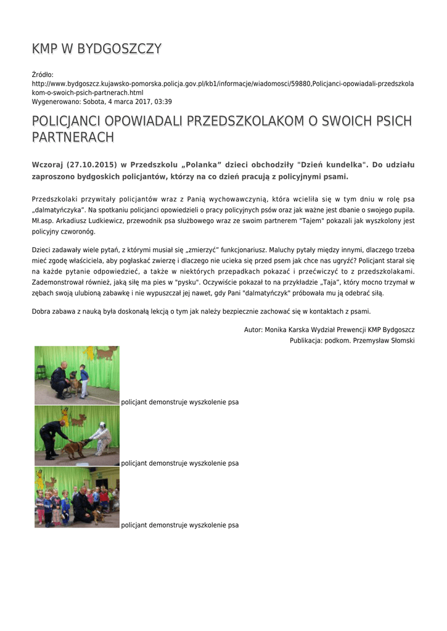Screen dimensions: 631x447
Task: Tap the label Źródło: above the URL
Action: click(x=43, y=75)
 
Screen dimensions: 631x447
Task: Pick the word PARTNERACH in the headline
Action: click(x=73, y=137)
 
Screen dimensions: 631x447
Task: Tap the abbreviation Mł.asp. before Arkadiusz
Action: click(x=43, y=220)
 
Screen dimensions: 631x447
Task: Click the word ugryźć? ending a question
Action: click(x=332, y=261)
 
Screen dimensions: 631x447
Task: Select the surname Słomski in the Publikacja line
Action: click(x=399, y=341)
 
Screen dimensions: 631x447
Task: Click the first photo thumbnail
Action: click(x=76, y=375)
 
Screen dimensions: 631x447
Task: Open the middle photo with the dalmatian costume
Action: click(x=76, y=435)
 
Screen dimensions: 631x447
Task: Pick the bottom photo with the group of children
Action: click(x=76, y=497)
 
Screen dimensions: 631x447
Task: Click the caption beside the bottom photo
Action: click(x=179, y=525)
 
